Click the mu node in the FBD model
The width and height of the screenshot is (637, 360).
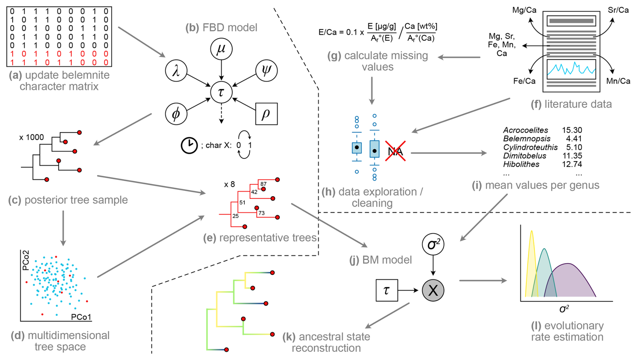221,49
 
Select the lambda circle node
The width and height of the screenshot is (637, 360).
176,71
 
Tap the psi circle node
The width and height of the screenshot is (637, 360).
266,70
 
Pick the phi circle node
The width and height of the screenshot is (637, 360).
176,114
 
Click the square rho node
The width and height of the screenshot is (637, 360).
266,114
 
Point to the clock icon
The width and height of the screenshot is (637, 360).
189,146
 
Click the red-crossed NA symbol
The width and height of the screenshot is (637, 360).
395,151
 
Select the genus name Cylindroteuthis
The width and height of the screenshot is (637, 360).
530,147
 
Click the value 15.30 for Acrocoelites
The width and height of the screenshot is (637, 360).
572,130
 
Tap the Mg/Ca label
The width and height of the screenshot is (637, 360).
524,10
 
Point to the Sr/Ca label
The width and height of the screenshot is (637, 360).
618,10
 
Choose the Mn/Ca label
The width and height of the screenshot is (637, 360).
618,81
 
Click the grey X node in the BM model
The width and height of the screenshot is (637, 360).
433,290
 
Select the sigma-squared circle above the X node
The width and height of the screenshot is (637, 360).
433,244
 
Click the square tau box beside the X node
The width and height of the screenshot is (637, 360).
387,290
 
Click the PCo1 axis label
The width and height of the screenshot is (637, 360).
81,317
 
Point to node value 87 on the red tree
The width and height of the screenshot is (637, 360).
263,184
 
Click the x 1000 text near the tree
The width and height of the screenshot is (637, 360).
32,137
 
